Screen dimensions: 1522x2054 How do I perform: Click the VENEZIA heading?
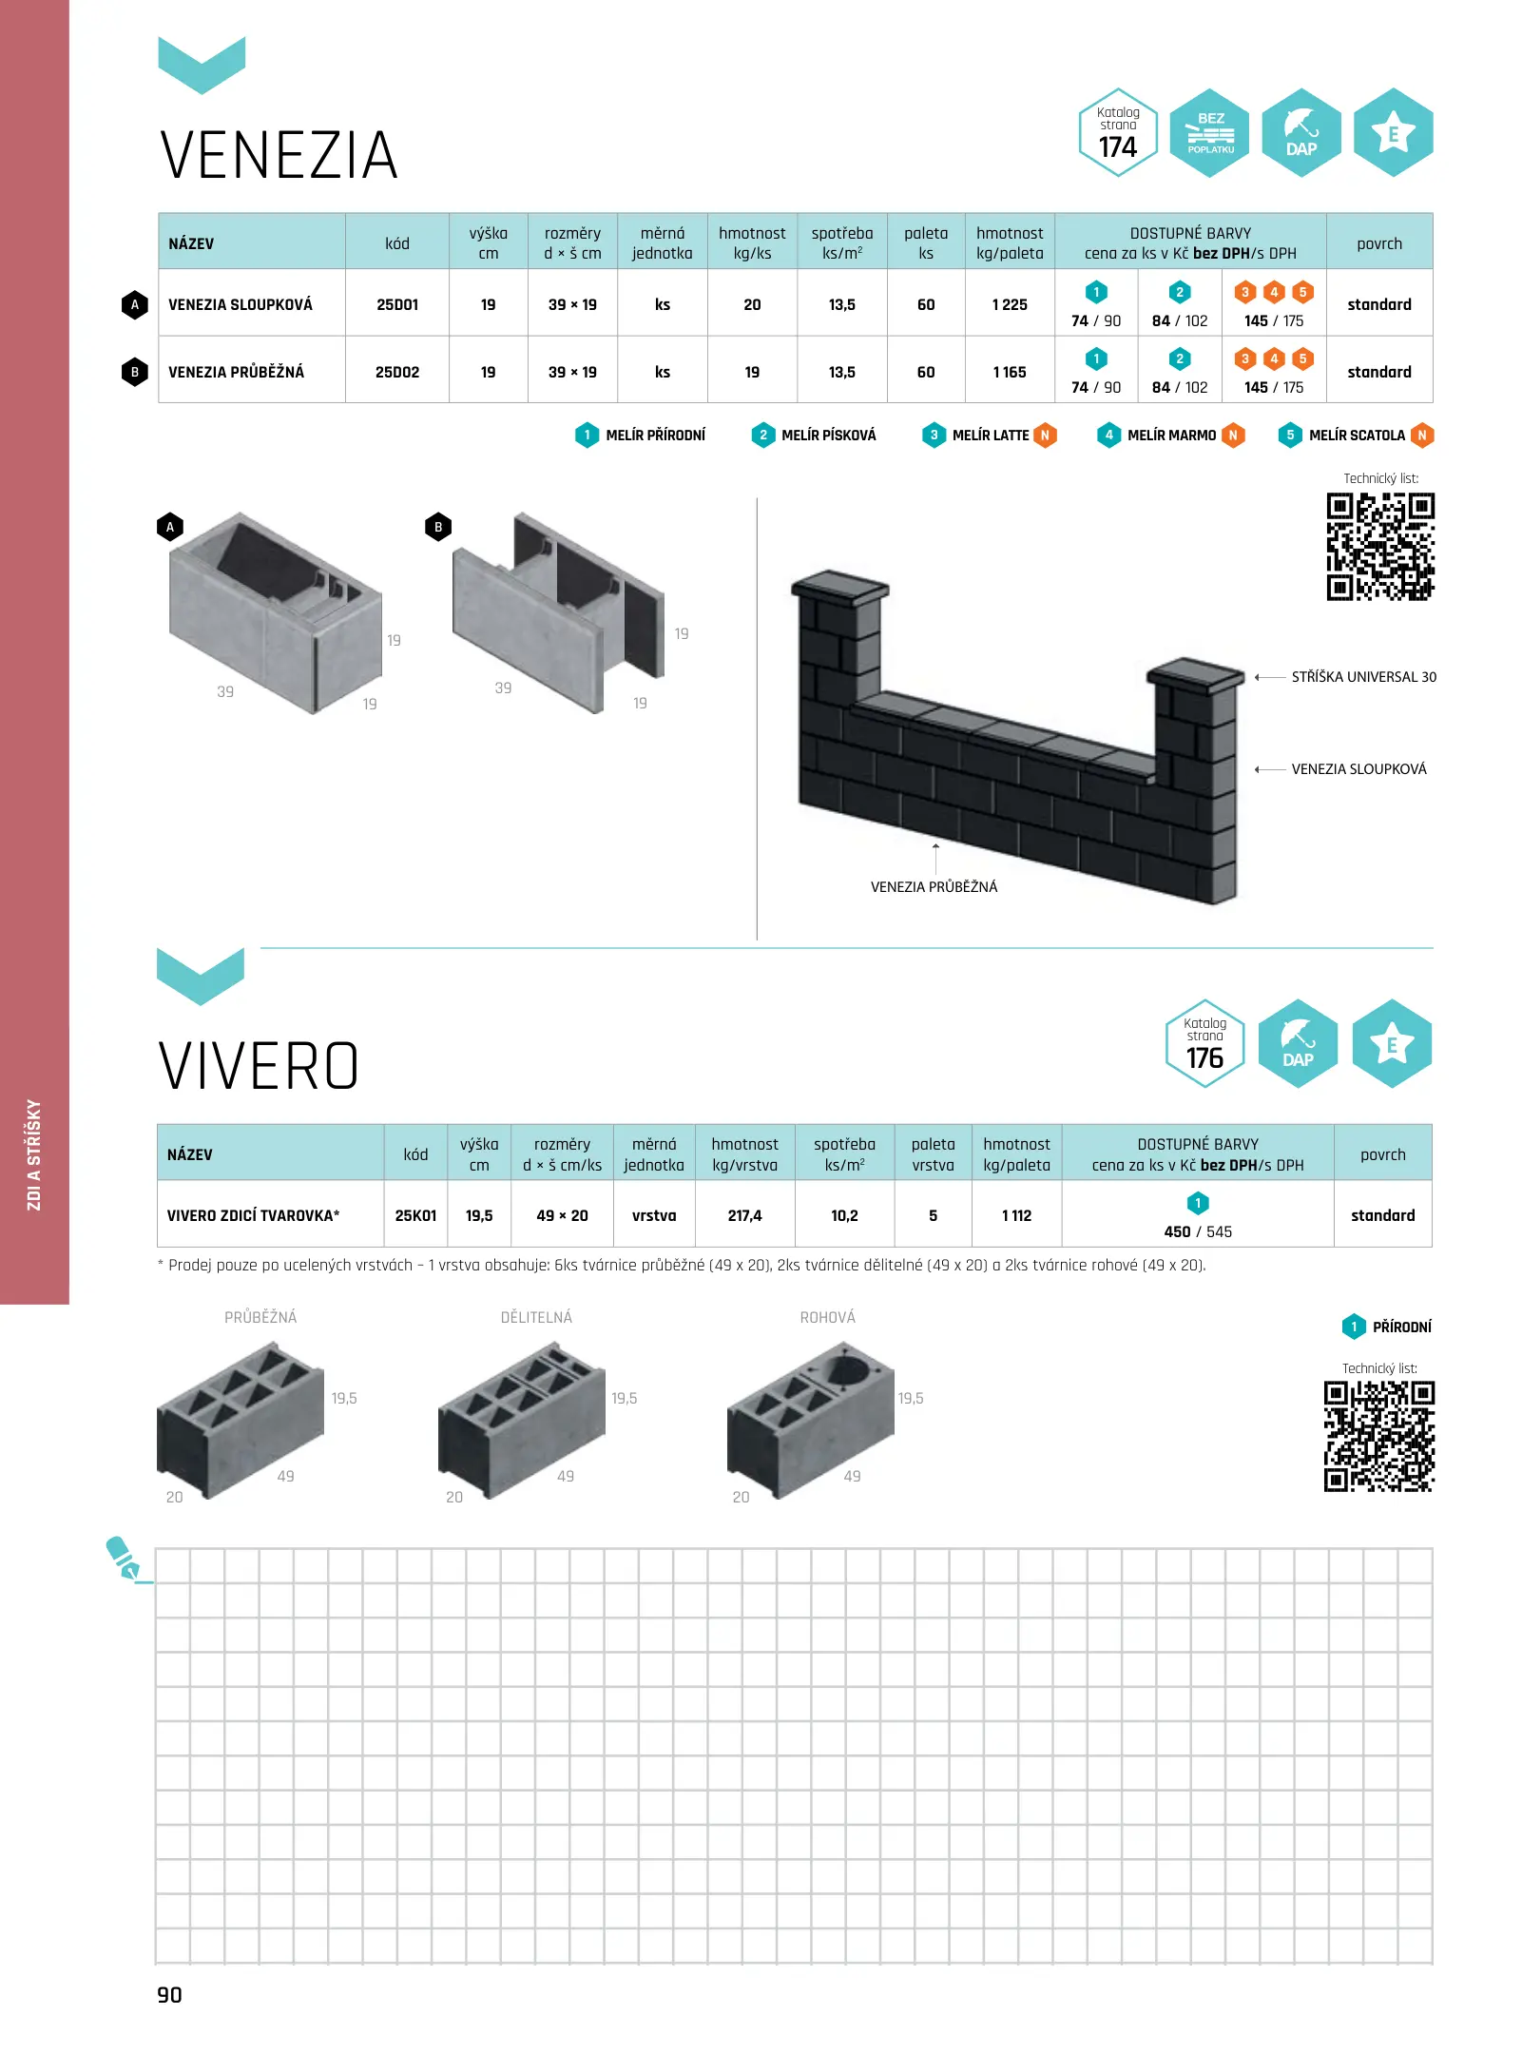(x=279, y=156)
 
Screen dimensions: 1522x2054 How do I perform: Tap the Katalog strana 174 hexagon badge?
(x=1118, y=132)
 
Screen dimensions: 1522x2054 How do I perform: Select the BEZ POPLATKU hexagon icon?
(x=1210, y=132)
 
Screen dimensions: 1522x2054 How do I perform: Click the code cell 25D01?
(x=397, y=304)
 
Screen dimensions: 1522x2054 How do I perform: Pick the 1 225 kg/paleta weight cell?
(x=1010, y=304)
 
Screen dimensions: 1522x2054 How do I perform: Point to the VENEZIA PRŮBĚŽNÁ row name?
(x=237, y=372)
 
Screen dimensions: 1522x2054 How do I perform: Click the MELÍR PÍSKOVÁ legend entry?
(x=814, y=436)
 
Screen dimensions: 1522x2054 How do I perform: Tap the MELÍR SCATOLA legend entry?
(x=1356, y=436)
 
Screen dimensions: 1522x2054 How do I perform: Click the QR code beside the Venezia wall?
(x=1380, y=546)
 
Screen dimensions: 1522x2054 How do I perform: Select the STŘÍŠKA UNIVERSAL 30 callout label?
(x=1363, y=677)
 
